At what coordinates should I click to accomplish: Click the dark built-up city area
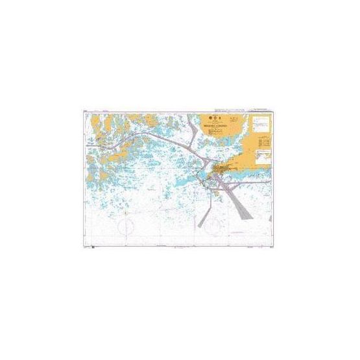pos(224,170)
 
